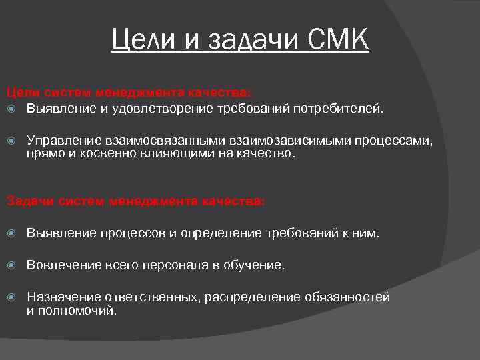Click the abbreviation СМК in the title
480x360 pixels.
click(339, 41)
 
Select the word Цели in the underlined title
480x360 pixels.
click(140, 41)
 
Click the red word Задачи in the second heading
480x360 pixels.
click(26, 200)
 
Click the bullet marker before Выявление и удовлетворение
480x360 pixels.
click(11, 108)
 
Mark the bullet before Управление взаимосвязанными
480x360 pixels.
click(11, 141)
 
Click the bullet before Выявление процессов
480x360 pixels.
click(11, 233)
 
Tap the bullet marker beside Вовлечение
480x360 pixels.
click(11, 265)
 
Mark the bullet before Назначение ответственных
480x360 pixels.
click(11, 297)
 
